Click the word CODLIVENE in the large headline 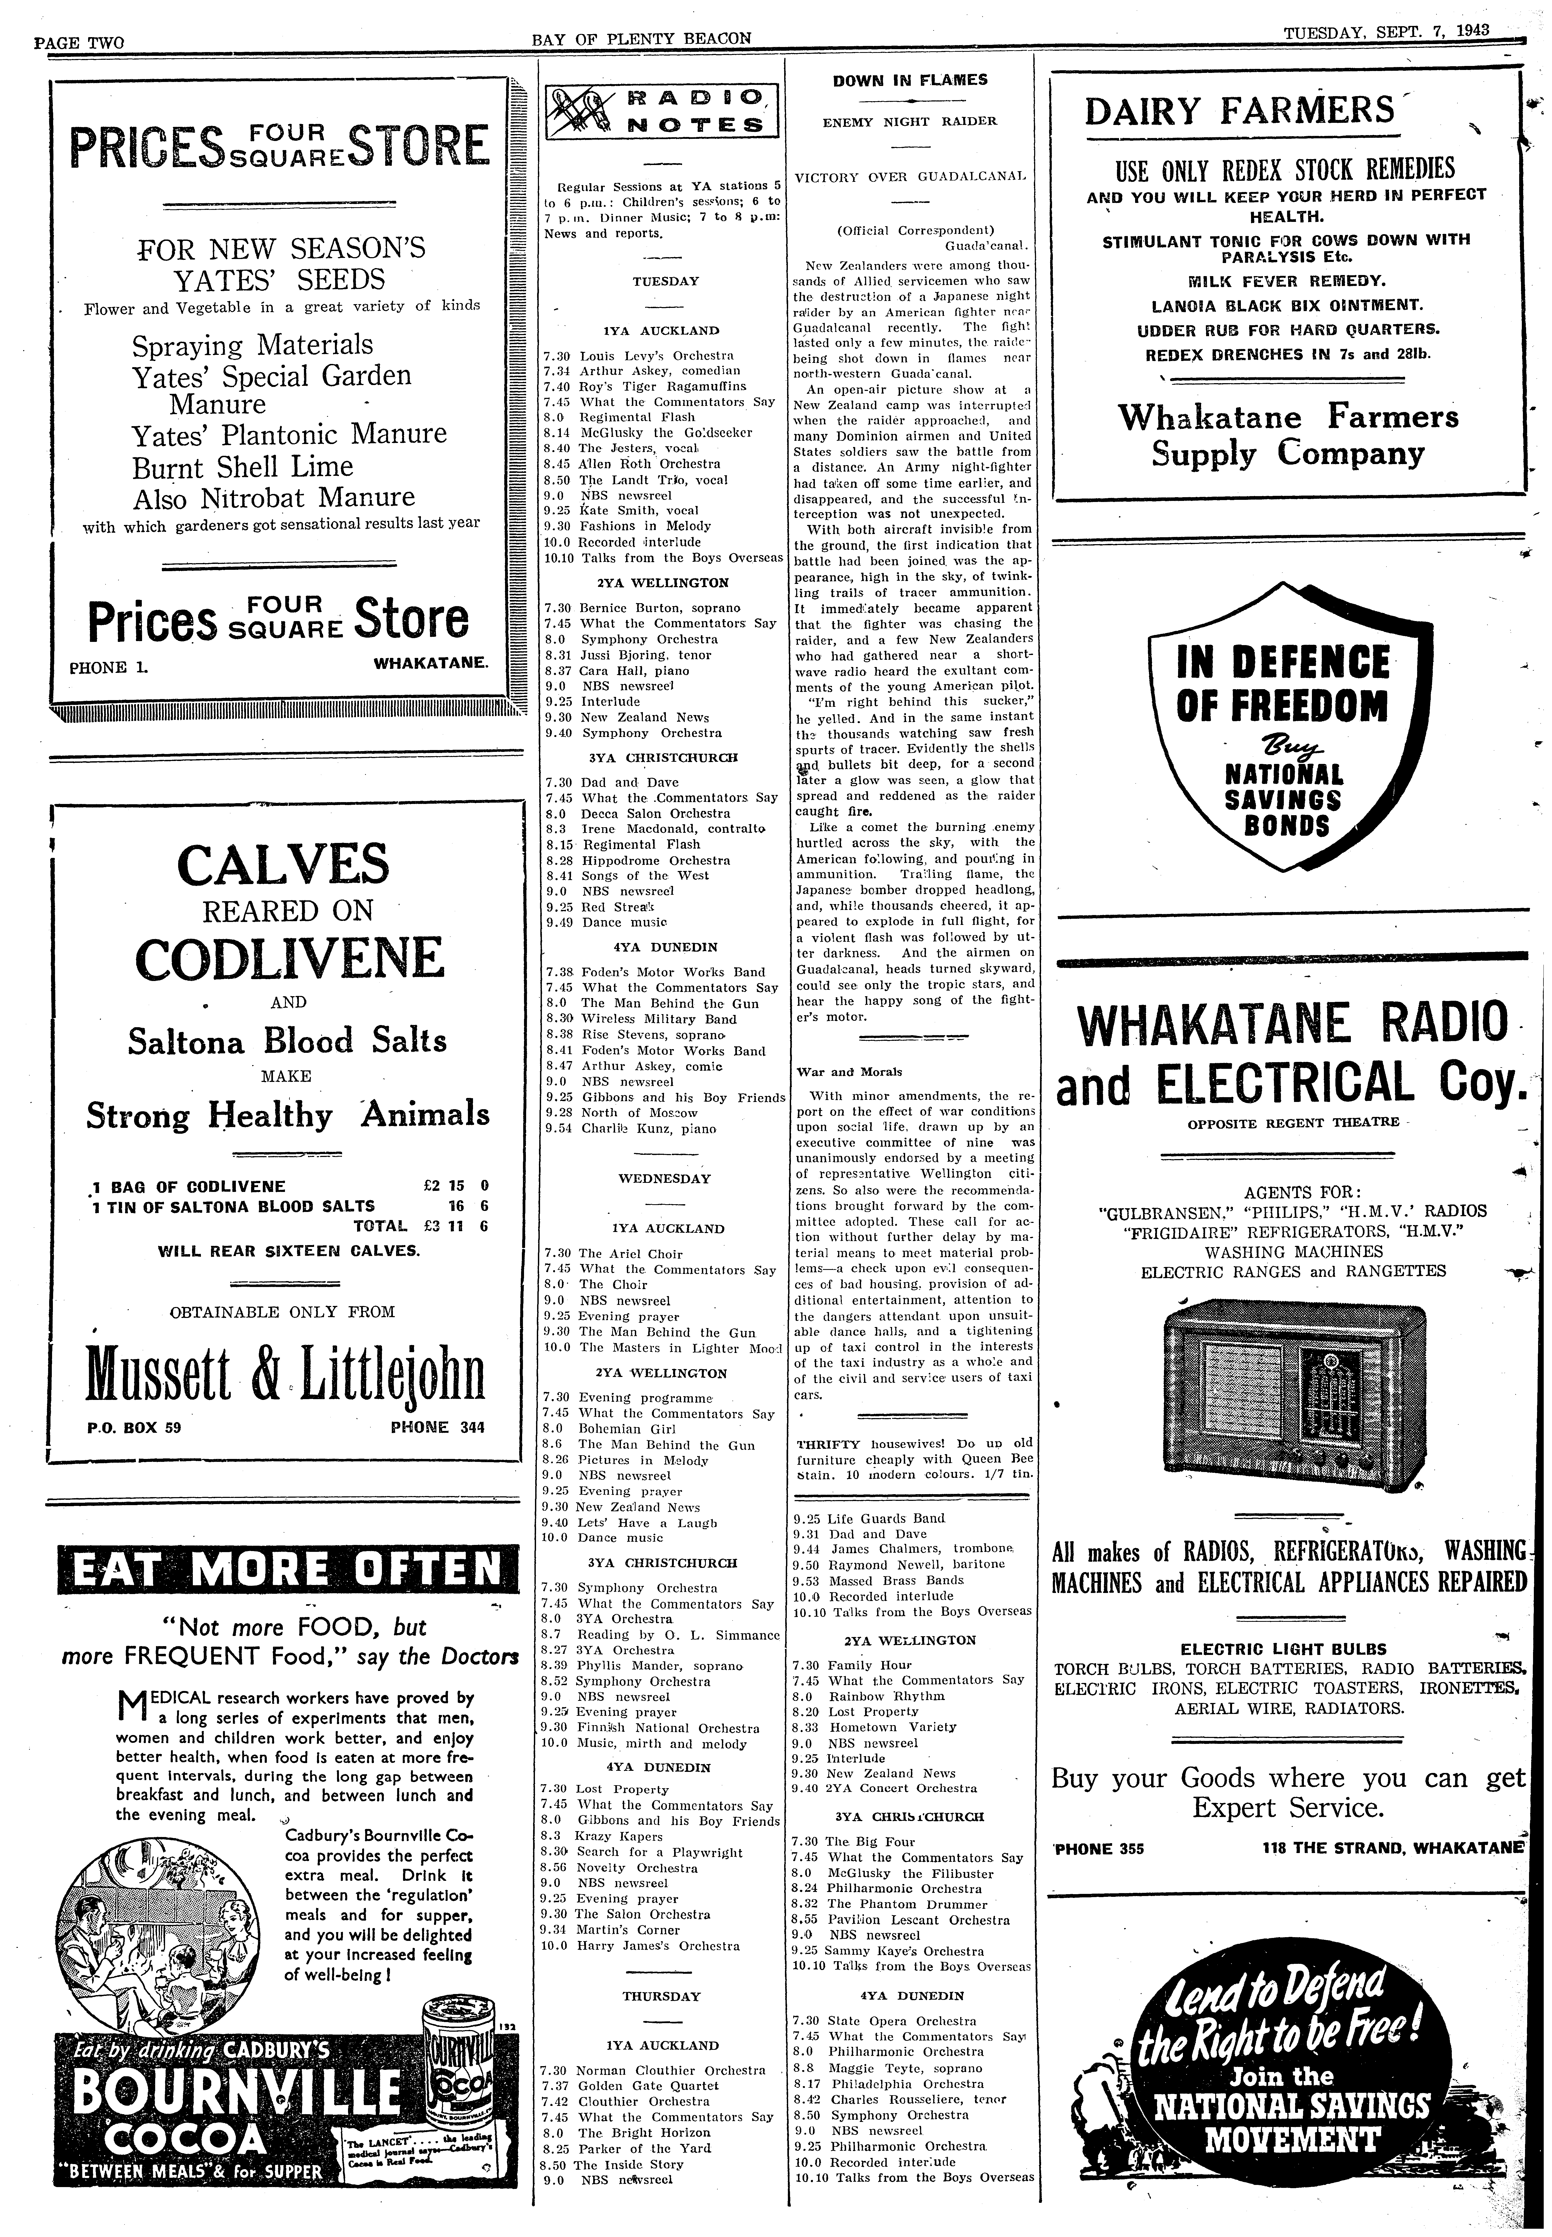(x=289, y=959)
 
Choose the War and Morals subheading (x=836, y=1072)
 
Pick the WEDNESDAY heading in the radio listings (x=664, y=1178)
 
